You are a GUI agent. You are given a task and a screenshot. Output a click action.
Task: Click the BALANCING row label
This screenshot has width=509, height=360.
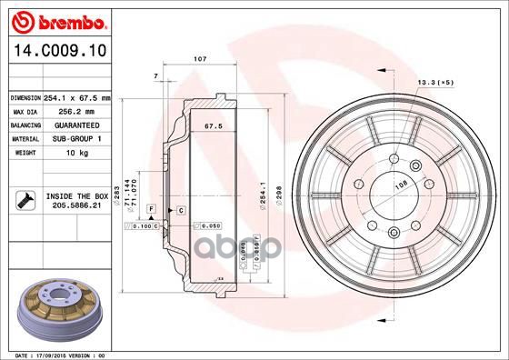coord(25,125)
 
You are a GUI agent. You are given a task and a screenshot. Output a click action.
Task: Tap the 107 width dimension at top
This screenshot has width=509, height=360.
coord(201,59)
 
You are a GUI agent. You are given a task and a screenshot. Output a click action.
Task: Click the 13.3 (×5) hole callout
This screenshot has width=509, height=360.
coord(434,83)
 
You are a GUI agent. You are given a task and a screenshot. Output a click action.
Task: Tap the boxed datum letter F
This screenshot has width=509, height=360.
coord(151,209)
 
